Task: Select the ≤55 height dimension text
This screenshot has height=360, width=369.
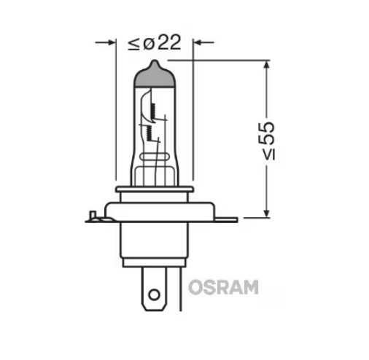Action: pyautogui.click(x=268, y=138)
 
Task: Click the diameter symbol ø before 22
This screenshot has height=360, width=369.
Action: pyautogui.click(x=148, y=43)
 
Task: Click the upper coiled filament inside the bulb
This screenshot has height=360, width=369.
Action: pyautogui.click(x=154, y=109)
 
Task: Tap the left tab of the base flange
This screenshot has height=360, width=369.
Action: pyautogui.click(x=90, y=215)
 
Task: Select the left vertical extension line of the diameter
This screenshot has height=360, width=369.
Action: pyautogui.click(x=116, y=109)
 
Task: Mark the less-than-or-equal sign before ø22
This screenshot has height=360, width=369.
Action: pyautogui.click(x=134, y=43)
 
